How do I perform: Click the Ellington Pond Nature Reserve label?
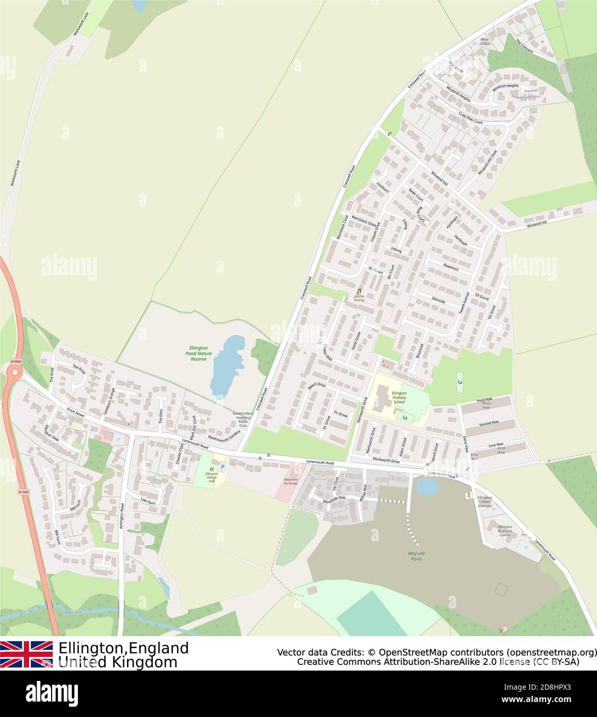(198, 353)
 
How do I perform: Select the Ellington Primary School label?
(399, 397)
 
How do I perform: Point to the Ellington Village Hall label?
(212, 476)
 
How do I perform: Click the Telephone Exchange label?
(291, 481)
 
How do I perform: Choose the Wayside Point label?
(414, 556)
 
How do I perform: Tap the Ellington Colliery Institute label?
(485, 502)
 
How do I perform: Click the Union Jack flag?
(26, 655)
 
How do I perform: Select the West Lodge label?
(485, 41)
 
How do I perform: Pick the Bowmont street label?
(450, 268)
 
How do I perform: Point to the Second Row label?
(488, 422)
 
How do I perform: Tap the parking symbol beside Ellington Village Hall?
(223, 466)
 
